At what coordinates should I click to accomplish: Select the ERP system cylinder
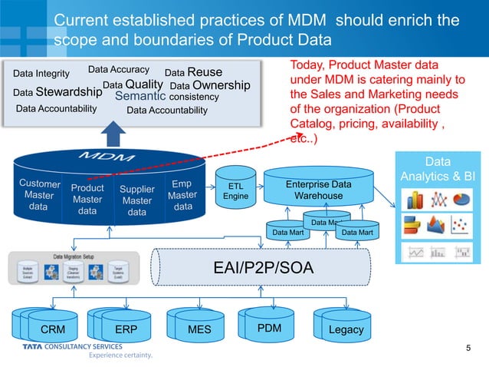tap(121, 329)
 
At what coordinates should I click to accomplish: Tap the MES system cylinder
tap(199, 329)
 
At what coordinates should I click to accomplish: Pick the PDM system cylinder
tap(268, 327)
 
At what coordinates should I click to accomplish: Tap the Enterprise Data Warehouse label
tap(318, 190)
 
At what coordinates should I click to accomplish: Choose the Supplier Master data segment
tap(137, 200)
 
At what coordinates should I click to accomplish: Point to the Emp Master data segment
tap(182, 195)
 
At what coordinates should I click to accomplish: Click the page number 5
tap(468, 349)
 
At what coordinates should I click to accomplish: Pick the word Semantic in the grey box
tap(139, 97)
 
